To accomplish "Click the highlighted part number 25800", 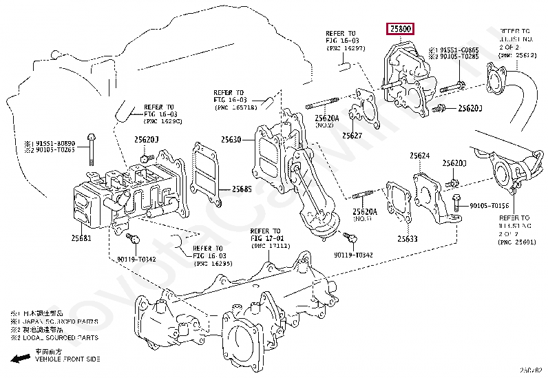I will point(400,30).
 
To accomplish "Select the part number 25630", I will point(231,140).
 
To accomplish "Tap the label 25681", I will point(81,238).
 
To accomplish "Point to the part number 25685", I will point(242,189).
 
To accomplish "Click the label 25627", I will point(352,136).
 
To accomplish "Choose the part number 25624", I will point(419,156).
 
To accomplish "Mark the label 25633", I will point(407,239).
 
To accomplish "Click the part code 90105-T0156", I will point(489,205).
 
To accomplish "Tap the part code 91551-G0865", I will point(460,50).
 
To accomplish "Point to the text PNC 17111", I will point(268,246).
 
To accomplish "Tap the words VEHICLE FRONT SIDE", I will point(67,359).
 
